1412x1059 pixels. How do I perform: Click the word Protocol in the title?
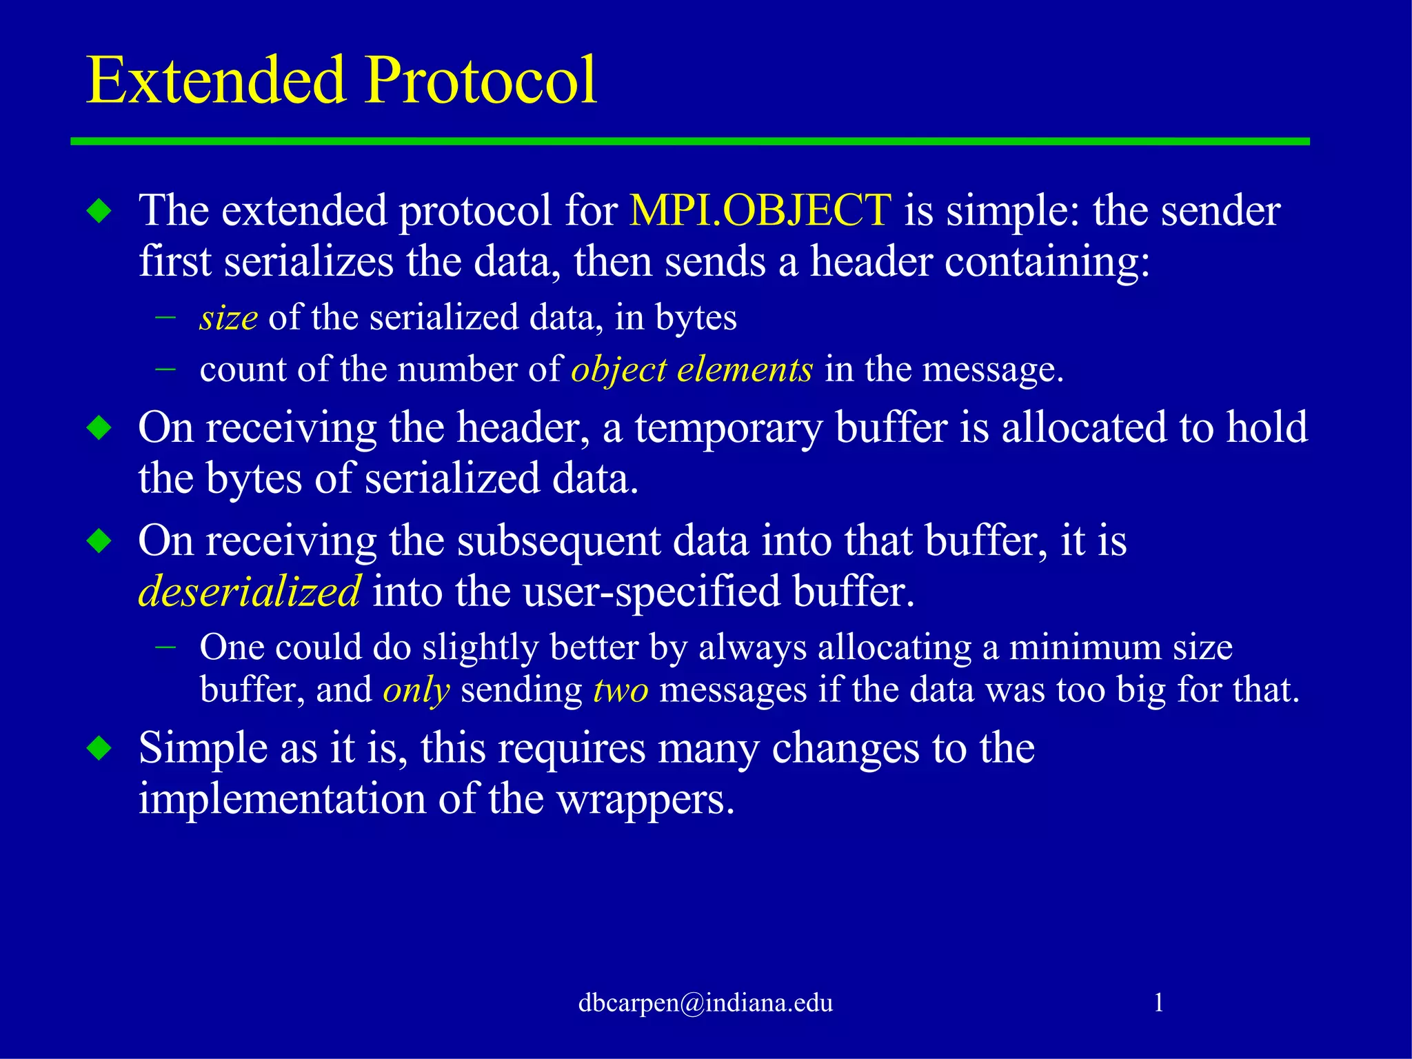[x=481, y=81]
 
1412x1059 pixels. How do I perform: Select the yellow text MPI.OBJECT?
[x=760, y=210]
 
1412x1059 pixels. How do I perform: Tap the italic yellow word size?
[x=228, y=319]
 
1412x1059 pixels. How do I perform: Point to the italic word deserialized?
[x=249, y=592]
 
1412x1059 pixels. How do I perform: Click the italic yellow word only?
[x=416, y=690]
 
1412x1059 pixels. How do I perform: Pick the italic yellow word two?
[x=621, y=690]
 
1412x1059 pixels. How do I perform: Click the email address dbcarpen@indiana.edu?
[x=705, y=1002]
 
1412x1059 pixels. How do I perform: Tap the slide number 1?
[x=1158, y=1002]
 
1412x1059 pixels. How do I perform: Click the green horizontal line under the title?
[x=689, y=141]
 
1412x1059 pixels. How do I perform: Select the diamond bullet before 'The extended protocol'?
[x=100, y=211]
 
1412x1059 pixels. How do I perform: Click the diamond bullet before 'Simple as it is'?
[x=100, y=748]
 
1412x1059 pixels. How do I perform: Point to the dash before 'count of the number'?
[x=165, y=370]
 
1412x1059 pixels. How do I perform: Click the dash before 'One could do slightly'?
[x=165, y=647]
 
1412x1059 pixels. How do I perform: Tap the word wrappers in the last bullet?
[x=645, y=800]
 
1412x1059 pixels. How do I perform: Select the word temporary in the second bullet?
[x=729, y=427]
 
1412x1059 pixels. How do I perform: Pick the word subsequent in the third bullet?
[x=558, y=541]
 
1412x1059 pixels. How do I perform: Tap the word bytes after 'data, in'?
[x=696, y=319]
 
